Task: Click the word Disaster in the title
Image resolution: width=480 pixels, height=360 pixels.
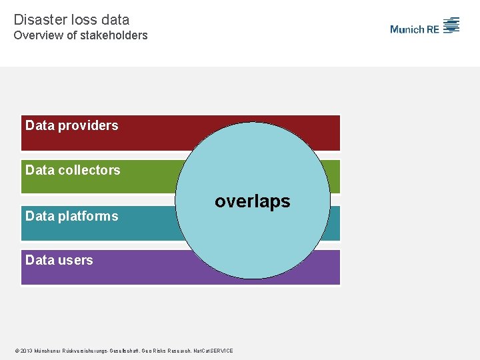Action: (x=37, y=20)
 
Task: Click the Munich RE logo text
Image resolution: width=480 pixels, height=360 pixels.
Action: (x=415, y=29)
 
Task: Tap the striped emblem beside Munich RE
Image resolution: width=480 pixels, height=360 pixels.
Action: (x=452, y=25)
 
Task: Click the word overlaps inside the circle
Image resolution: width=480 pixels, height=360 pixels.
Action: (x=253, y=201)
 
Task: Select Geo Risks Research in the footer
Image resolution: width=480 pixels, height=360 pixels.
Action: (x=165, y=351)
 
